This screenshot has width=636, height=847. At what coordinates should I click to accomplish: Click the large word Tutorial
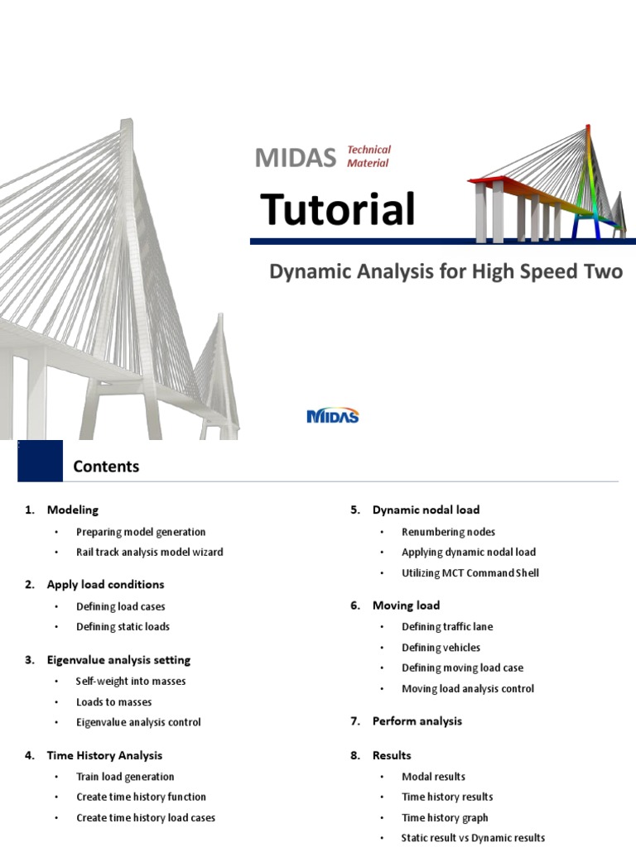tap(338, 209)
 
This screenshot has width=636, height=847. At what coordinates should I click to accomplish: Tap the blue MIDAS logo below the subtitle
tap(333, 415)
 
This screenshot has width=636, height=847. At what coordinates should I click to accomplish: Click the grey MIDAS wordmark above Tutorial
tap(296, 157)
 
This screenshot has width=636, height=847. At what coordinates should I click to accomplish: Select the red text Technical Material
tap(369, 156)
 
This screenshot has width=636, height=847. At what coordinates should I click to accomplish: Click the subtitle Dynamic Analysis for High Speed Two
tap(446, 271)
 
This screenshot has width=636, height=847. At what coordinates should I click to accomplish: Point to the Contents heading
tap(106, 467)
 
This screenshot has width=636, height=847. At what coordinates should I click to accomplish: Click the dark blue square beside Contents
tap(40, 461)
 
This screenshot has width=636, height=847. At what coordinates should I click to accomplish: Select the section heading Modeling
tap(72, 510)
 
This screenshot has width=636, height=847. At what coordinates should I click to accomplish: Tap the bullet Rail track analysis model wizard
tap(149, 552)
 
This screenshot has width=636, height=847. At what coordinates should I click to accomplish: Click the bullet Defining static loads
tap(123, 627)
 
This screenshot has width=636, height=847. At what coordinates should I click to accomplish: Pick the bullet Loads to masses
tap(113, 701)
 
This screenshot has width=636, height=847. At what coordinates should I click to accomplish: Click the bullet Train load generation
tap(125, 777)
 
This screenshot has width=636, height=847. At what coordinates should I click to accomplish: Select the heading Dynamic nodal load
tap(426, 510)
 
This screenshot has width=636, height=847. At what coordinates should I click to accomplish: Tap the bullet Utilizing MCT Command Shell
tap(470, 572)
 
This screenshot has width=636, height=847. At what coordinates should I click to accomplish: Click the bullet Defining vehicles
tap(441, 648)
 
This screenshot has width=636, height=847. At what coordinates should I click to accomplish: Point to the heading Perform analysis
tap(417, 721)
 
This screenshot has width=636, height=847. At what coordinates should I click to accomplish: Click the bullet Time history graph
tap(445, 817)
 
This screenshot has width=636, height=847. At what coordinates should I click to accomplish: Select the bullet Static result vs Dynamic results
tap(473, 838)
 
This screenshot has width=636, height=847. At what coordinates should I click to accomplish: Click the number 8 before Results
tap(354, 755)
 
